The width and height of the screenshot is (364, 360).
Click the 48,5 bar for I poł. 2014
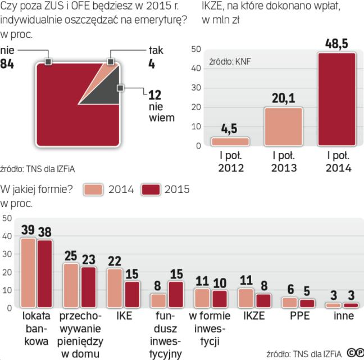pyautogui.click(x=336, y=99)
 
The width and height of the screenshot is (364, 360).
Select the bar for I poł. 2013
pyautogui.click(x=284, y=127)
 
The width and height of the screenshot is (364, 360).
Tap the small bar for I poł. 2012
pyautogui.click(x=230, y=141)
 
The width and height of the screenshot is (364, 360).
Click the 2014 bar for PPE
pyautogui.click(x=288, y=302)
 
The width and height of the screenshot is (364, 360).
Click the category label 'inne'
pyautogui.click(x=342, y=316)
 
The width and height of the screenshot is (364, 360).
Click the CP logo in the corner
pyautogui.click(x=354, y=353)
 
